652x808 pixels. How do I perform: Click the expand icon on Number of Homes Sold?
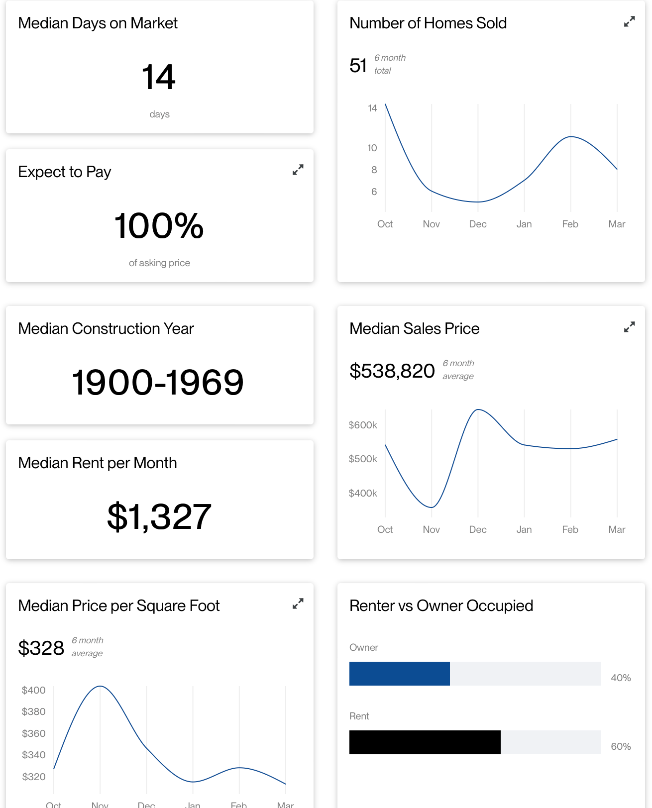click(x=629, y=22)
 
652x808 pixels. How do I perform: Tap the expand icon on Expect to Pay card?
click(x=298, y=170)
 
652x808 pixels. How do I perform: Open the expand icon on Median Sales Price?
click(x=629, y=327)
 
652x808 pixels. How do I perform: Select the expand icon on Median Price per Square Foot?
click(x=298, y=604)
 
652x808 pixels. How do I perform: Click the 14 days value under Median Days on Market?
click(x=159, y=77)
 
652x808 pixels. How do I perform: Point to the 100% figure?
click(x=159, y=226)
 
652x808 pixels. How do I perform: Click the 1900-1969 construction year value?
click(x=158, y=382)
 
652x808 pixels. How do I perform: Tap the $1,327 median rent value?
click(x=159, y=516)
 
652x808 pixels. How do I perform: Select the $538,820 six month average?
click(x=392, y=371)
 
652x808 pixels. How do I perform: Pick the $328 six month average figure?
click(x=41, y=648)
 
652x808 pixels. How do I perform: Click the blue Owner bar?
click(x=399, y=674)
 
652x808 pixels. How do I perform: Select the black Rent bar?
click(x=425, y=742)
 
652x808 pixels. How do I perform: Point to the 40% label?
click(x=621, y=678)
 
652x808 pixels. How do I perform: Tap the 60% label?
click(x=621, y=746)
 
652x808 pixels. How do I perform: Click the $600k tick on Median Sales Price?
click(x=363, y=425)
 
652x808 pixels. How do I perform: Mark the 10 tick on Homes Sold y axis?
click(x=372, y=148)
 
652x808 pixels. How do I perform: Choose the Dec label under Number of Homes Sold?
click(x=478, y=224)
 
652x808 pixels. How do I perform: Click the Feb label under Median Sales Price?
click(x=570, y=529)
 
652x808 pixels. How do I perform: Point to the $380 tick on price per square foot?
click(x=34, y=712)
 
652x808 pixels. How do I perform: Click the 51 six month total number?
click(x=358, y=65)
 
